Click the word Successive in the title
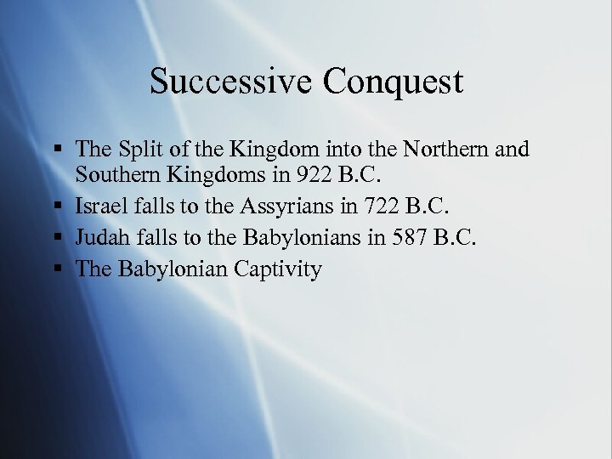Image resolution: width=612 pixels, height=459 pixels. (224, 82)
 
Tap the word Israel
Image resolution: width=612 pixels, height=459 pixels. (99, 206)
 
